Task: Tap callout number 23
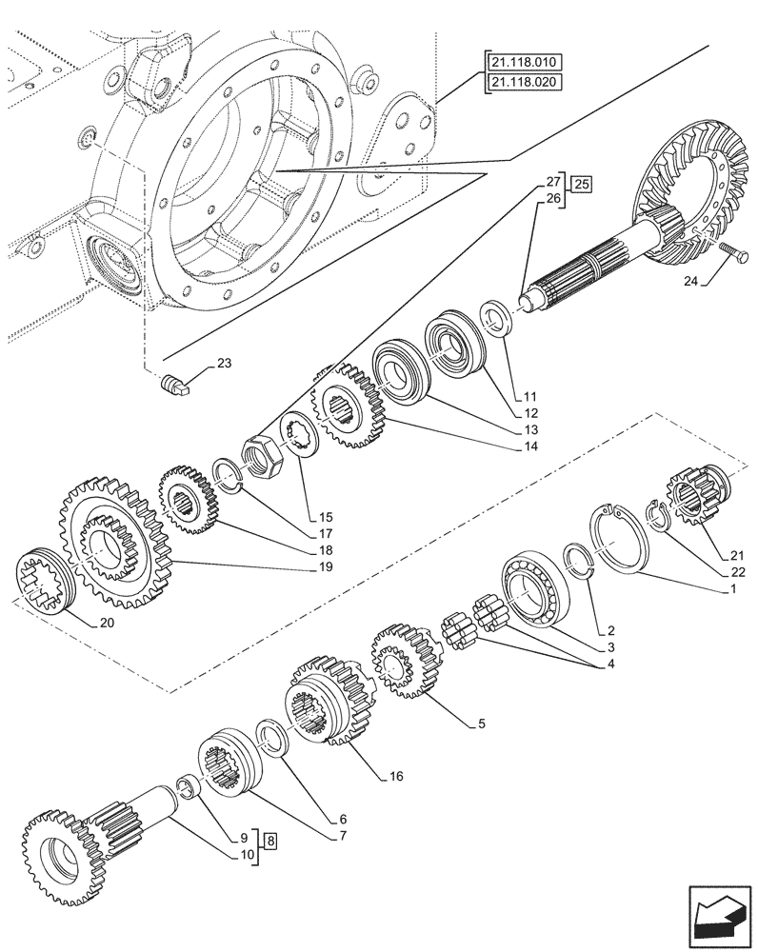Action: [x=224, y=363]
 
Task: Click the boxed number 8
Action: [x=271, y=841]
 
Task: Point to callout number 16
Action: [x=395, y=776]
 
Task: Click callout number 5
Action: [x=482, y=724]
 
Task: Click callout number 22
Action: [x=738, y=572]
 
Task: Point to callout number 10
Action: [x=247, y=855]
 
